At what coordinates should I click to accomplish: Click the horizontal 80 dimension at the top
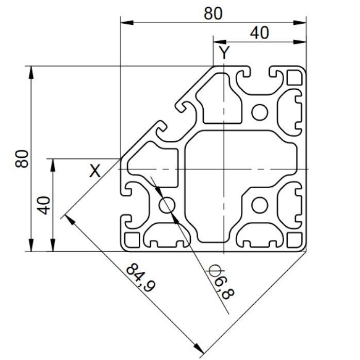coord(213,13)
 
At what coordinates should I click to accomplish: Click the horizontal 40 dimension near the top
coord(259,33)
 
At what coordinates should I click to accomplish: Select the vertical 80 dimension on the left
coord(22,159)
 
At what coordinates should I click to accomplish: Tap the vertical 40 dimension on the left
coord(43,205)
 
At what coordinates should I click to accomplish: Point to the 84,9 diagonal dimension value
coord(141,278)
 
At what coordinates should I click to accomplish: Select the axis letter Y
coord(224,53)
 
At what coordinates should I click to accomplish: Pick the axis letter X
coord(95,171)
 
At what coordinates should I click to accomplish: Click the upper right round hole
coord(259,112)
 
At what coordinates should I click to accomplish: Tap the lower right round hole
coord(259,205)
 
